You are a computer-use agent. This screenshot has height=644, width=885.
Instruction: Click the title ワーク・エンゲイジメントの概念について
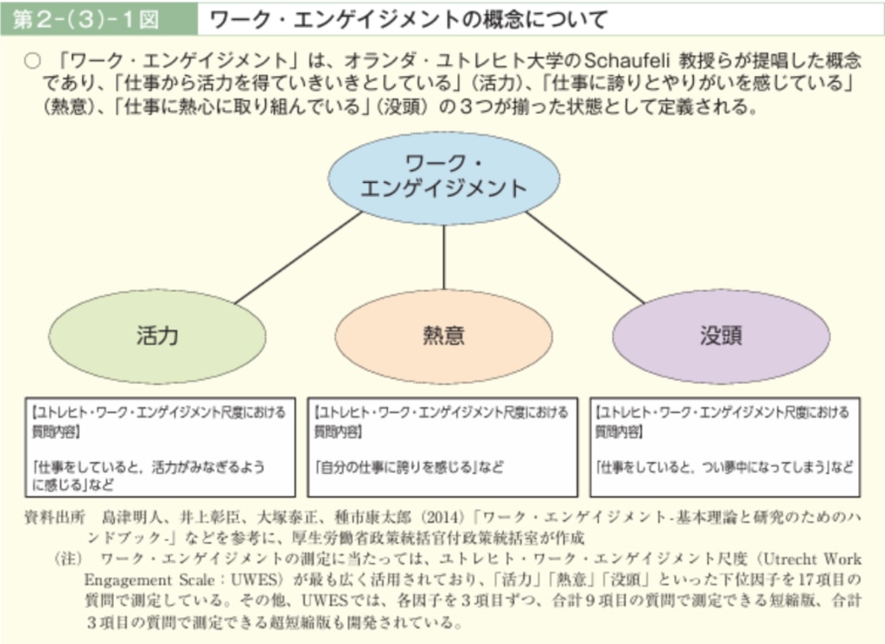point(408,20)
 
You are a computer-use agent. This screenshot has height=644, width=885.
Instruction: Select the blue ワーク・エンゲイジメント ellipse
point(443,178)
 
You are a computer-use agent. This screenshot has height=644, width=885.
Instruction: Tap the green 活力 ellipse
point(157,336)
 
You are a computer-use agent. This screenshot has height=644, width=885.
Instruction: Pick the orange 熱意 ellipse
point(443,336)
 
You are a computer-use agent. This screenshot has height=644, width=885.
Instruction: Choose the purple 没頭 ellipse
point(721,336)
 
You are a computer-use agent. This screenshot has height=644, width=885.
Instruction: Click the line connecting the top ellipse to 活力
point(298,258)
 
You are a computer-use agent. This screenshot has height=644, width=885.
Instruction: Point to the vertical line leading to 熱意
point(443,257)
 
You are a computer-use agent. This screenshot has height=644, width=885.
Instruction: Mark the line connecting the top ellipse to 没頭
point(585,258)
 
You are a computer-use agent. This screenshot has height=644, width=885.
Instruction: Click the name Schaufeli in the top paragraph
point(627,60)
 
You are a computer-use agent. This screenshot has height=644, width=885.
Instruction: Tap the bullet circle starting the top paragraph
point(32,61)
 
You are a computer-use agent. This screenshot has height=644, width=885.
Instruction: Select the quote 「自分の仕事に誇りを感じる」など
point(409,467)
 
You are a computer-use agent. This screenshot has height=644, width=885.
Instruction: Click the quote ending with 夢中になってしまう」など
point(725,467)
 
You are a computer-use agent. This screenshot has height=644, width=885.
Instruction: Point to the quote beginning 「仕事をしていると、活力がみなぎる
point(149,476)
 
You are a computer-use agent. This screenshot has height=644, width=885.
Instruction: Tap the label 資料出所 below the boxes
point(54,517)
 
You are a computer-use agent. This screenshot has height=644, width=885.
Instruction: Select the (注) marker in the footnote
point(69,559)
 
